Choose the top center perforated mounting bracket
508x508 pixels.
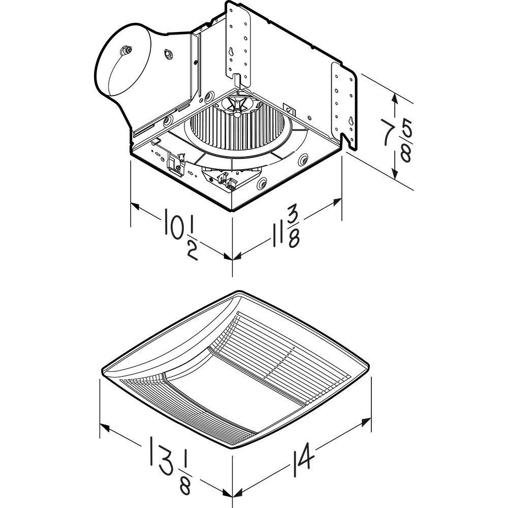pos(239,41)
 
